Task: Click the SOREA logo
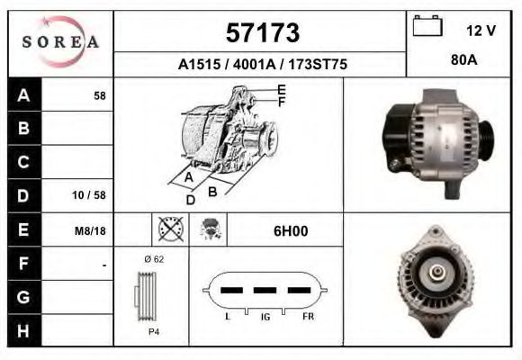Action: click(60, 42)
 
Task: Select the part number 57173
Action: click(261, 33)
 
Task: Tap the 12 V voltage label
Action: click(481, 31)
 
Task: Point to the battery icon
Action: click(427, 28)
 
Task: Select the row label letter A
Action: click(22, 94)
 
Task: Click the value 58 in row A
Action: click(99, 94)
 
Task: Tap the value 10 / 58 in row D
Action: click(94, 195)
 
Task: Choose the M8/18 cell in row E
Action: click(91, 230)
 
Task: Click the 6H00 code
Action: click(290, 231)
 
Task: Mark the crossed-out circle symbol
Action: click(170, 229)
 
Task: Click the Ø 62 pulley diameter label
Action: click(153, 260)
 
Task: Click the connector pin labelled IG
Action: click(264, 292)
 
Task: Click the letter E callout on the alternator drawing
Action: click(282, 89)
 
